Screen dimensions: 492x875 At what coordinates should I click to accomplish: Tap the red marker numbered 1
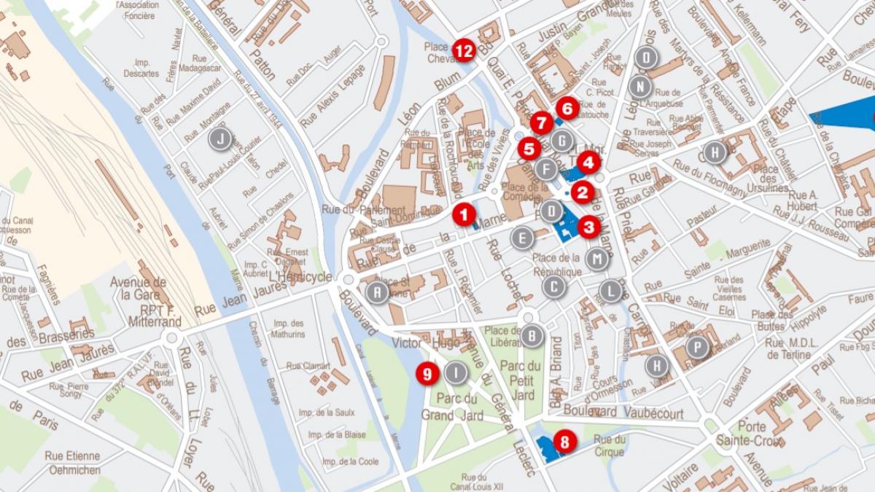point(463,214)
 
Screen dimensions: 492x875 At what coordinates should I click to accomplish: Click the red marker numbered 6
point(567,109)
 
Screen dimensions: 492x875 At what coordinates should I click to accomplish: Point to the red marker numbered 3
point(589,227)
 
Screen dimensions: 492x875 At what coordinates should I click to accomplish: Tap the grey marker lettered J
point(219,138)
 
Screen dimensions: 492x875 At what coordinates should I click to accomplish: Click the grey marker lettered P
point(698,347)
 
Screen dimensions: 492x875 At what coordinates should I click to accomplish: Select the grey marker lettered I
point(456,373)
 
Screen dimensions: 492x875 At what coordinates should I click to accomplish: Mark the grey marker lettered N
point(639,87)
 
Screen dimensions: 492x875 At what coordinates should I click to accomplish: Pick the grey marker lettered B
point(532,336)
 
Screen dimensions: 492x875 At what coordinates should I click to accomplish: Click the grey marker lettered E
point(521,238)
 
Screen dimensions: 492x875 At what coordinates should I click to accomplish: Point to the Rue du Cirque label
point(610,445)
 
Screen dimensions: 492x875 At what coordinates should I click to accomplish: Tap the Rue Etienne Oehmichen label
point(74,463)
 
